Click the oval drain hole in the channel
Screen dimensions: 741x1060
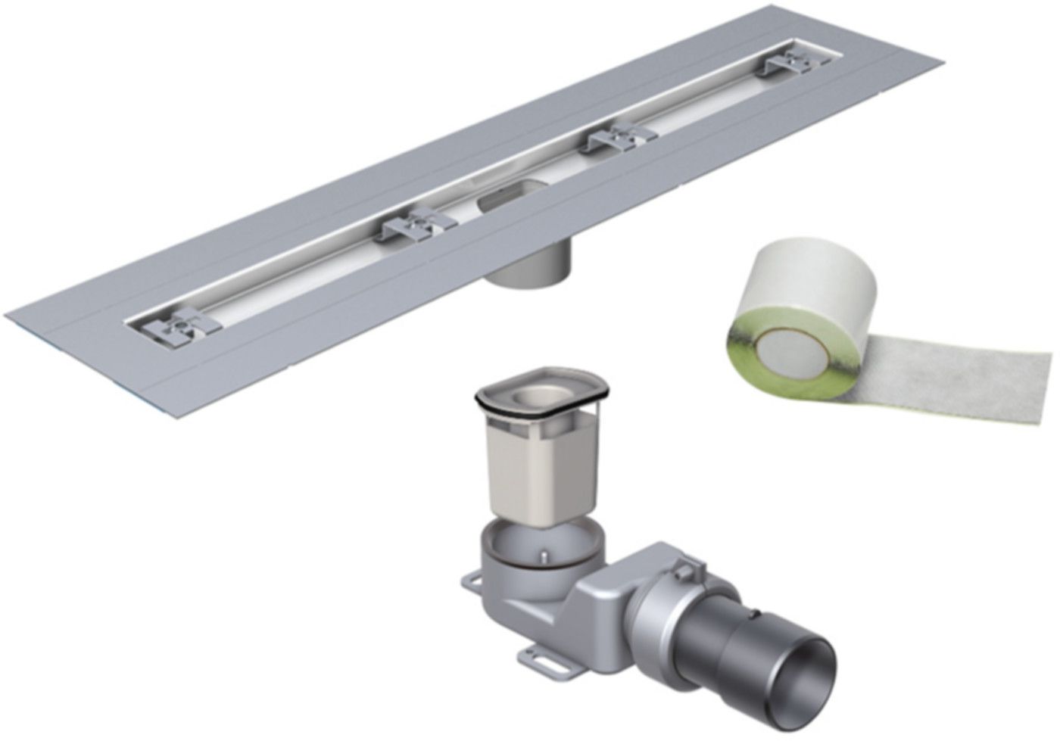click(x=499, y=206)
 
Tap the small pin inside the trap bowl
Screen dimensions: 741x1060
click(x=541, y=558)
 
